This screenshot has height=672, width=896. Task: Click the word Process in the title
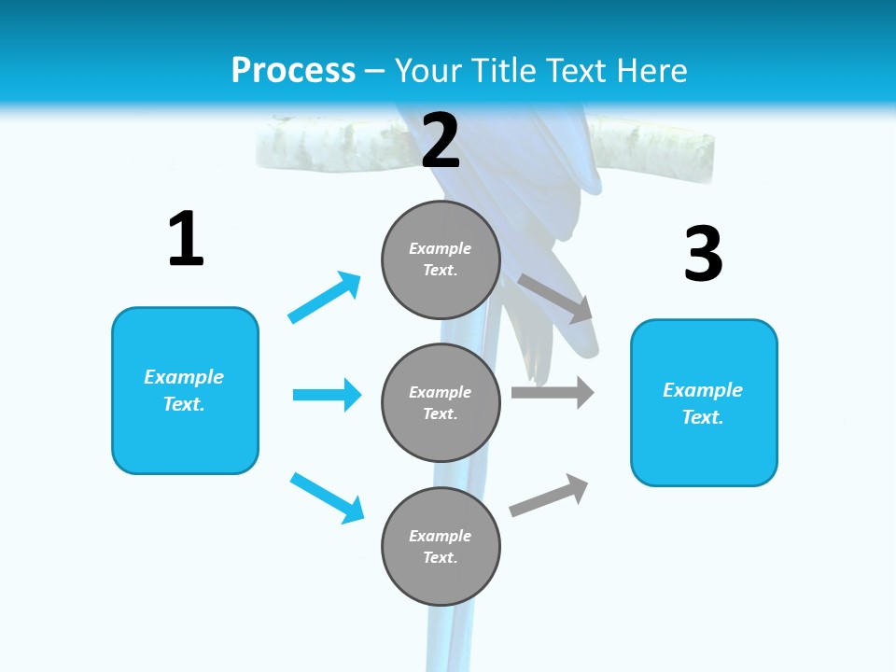[x=293, y=71]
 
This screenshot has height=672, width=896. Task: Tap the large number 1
[x=186, y=240]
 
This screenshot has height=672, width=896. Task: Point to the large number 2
[x=441, y=140]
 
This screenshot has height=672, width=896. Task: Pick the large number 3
[x=703, y=254]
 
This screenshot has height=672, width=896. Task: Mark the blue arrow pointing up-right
[x=325, y=297]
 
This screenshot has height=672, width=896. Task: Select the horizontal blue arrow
[x=327, y=395]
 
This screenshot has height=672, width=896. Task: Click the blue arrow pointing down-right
[x=327, y=497]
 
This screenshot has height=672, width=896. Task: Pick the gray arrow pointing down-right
[x=556, y=299]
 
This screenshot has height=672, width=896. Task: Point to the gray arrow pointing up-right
[x=549, y=495]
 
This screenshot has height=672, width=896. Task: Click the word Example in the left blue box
[x=184, y=377]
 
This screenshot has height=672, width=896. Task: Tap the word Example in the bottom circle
[x=441, y=536]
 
